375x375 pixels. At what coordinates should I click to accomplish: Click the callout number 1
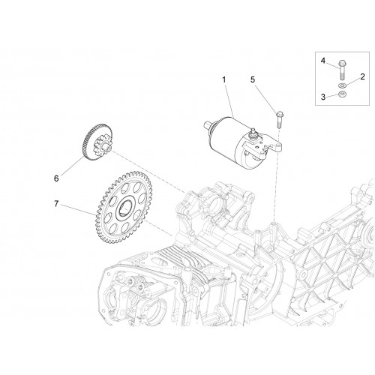click(224, 79)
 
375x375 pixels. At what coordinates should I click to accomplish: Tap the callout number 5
click(253, 79)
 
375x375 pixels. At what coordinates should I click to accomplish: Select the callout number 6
click(56, 178)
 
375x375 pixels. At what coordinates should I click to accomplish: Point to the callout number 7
click(56, 204)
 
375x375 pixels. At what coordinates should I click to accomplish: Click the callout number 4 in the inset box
click(323, 61)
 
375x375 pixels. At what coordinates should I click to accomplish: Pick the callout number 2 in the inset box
click(362, 76)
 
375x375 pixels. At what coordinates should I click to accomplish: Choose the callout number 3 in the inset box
click(323, 97)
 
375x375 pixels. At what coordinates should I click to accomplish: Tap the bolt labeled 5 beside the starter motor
click(279, 120)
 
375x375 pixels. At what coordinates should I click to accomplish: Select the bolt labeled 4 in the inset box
click(341, 69)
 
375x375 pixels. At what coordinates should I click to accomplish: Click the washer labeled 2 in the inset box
click(341, 85)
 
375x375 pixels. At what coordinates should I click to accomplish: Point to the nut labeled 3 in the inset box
click(341, 94)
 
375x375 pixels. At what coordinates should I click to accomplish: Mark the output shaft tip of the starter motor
click(207, 124)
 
